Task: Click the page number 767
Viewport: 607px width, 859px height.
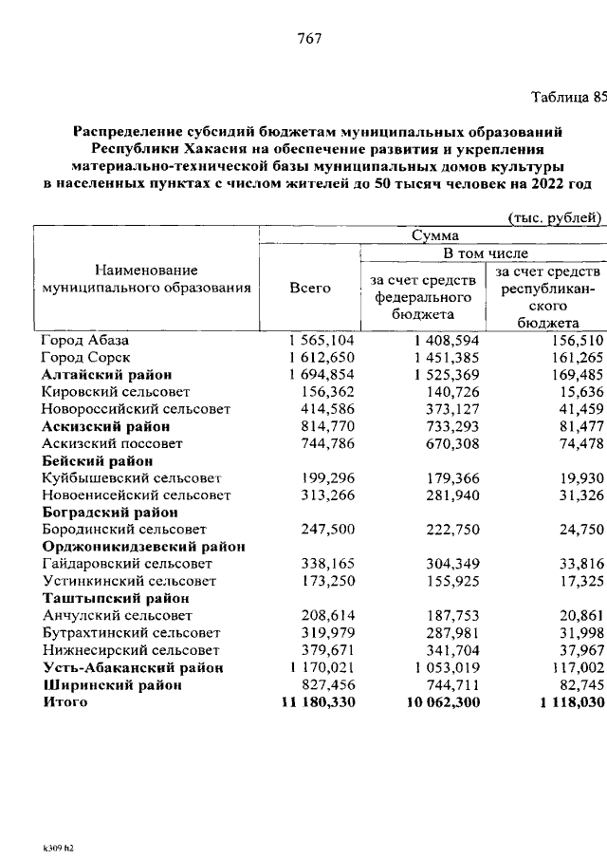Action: [x=310, y=38]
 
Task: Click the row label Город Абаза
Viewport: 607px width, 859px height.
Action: [x=84, y=340]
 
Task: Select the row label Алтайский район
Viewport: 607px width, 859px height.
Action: [x=105, y=375]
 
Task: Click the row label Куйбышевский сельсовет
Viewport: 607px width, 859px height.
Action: [x=131, y=477]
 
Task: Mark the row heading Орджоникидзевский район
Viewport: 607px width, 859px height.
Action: [x=143, y=547]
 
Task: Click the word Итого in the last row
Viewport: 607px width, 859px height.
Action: [x=64, y=702]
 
